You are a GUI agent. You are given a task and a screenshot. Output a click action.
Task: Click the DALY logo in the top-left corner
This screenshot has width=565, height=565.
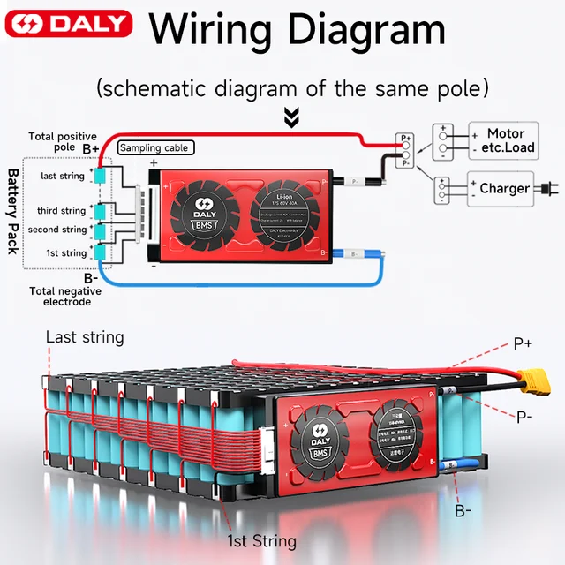(x=68, y=25)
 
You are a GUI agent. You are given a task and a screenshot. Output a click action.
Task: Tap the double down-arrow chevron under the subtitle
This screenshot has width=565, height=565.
(x=290, y=117)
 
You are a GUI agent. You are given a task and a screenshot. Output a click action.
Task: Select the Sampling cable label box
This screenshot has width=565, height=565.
(x=154, y=148)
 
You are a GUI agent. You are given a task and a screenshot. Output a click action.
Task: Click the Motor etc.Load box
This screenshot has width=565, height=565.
(x=500, y=140)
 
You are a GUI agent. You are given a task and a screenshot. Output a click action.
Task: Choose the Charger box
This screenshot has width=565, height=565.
(x=500, y=189)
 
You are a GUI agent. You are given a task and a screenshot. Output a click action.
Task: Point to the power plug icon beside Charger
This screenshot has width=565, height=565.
(x=548, y=188)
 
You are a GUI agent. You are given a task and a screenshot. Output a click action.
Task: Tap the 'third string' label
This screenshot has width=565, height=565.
(x=62, y=211)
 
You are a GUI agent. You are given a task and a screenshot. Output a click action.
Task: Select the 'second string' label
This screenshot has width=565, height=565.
(x=57, y=230)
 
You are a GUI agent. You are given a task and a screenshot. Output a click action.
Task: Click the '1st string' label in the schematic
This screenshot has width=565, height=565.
(x=66, y=253)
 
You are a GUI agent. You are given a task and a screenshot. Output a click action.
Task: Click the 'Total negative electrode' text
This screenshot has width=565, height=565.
(x=60, y=296)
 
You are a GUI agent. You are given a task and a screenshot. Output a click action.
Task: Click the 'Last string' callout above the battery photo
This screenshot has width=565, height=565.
(x=85, y=337)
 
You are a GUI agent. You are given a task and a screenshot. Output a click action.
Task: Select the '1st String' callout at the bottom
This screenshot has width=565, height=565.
(x=261, y=540)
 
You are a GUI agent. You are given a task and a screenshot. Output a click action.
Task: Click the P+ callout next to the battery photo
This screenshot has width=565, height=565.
(x=523, y=343)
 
